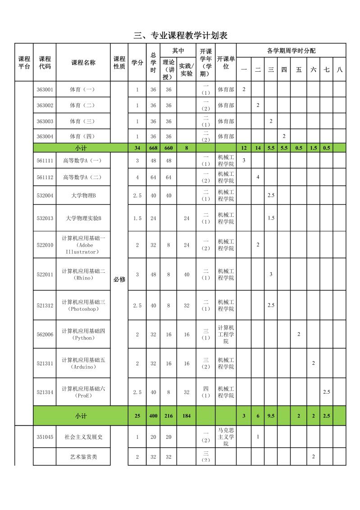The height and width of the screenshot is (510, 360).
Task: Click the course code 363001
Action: pos(45,89)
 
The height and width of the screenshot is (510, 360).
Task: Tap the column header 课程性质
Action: pos(119,63)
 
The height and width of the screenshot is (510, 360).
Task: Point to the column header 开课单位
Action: pos(226,63)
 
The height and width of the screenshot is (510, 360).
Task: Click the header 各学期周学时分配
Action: pos(291,51)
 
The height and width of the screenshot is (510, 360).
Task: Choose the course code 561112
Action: pos(45,177)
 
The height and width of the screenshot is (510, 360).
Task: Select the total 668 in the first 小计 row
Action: pos(153,147)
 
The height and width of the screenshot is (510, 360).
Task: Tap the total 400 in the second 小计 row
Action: pos(153,415)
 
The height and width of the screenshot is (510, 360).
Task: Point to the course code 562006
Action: pos(45,334)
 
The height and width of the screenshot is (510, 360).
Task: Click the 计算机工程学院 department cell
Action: pos(226,334)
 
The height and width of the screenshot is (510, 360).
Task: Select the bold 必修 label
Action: pos(119,279)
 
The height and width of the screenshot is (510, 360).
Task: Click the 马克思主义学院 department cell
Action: pos(226,436)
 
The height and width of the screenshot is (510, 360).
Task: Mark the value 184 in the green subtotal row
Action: pos(187,415)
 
